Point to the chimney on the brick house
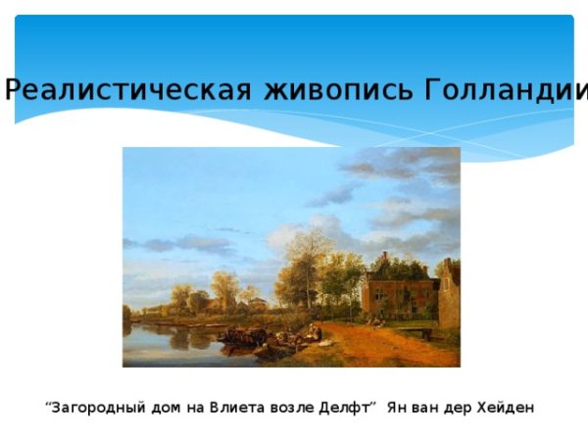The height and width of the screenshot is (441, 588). click(x=384, y=259)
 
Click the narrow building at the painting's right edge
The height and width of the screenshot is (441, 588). click(x=449, y=294)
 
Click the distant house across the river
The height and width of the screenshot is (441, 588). click(x=257, y=305)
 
